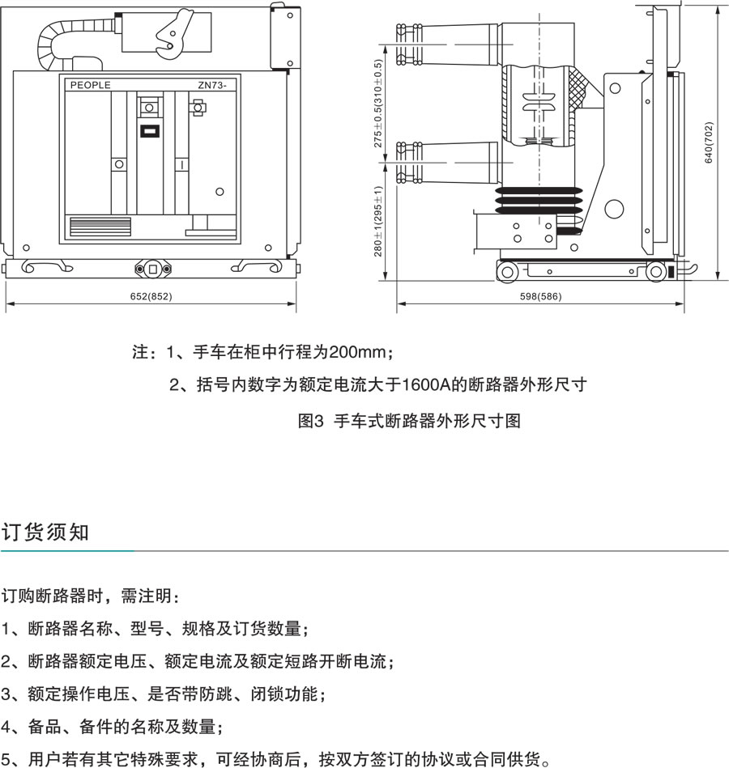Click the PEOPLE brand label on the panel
tap(90, 85)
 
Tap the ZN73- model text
tap(213, 85)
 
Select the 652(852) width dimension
tap(151, 296)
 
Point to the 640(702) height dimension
tap(709, 143)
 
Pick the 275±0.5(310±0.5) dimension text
tap(377, 104)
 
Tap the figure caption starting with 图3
tap(409, 421)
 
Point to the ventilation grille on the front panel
tap(99, 226)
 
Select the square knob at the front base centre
tap(151, 268)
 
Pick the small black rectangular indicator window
tap(149, 131)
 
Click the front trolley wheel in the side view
tap(507, 272)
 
